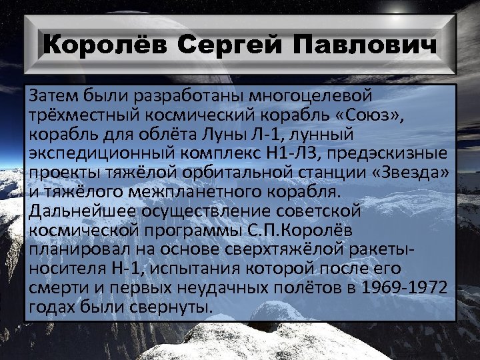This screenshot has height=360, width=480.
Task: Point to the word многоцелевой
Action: [x=314, y=96]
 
